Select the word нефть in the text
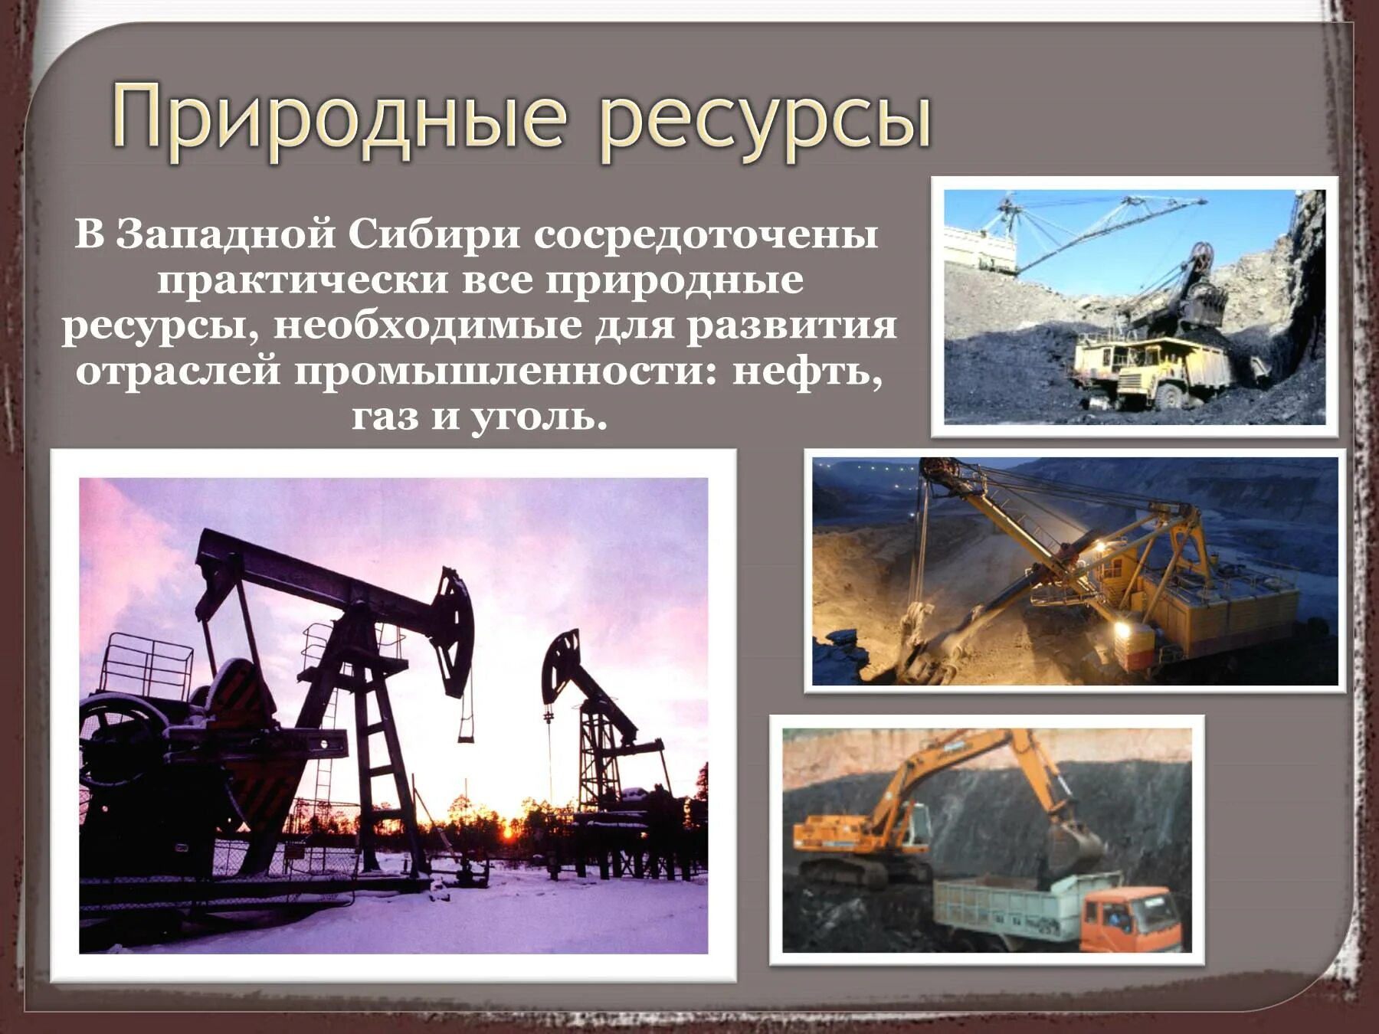(807, 372)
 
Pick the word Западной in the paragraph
(226, 234)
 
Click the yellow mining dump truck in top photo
(1142, 368)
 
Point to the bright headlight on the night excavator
(1123, 628)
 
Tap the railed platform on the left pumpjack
(146, 666)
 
